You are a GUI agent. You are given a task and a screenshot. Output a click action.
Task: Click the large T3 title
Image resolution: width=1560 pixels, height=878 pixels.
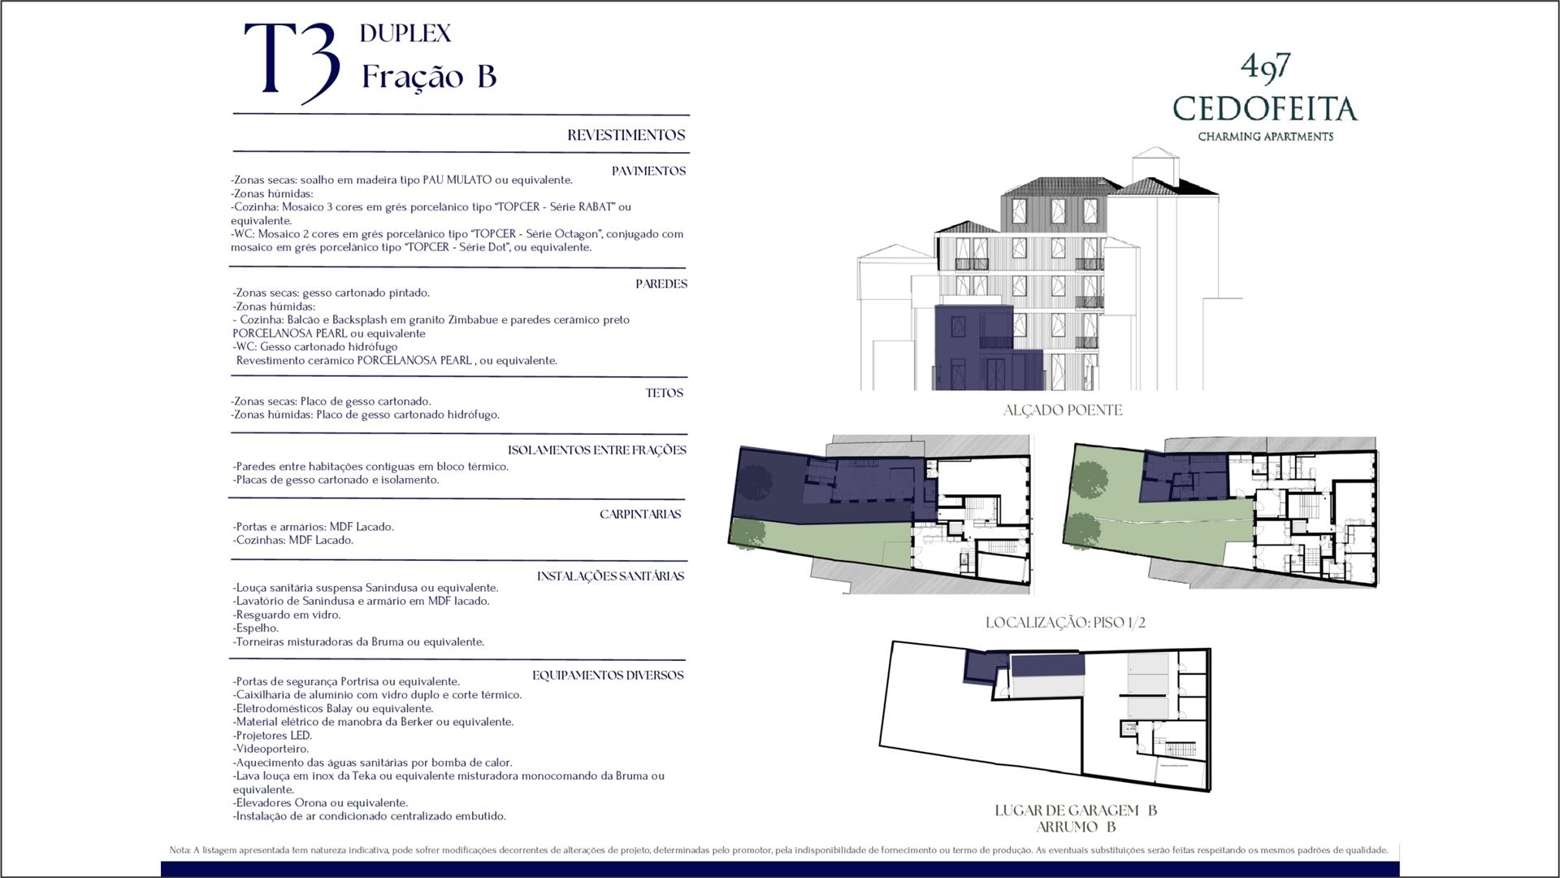tap(292, 63)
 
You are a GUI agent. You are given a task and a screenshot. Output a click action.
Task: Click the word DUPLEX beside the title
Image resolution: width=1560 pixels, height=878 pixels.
tap(405, 33)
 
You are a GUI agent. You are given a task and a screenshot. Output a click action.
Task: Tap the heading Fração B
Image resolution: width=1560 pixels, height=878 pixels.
tap(429, 76)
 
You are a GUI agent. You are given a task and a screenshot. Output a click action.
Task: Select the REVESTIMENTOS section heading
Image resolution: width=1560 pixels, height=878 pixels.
tap(626, 135)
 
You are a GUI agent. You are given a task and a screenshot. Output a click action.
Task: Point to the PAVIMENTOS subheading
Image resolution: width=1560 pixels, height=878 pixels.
tap(648, 171)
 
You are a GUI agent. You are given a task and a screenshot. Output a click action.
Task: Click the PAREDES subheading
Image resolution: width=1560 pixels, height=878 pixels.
tap(661, 284)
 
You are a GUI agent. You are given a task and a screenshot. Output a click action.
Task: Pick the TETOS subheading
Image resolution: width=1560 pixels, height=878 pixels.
tap(664, 393)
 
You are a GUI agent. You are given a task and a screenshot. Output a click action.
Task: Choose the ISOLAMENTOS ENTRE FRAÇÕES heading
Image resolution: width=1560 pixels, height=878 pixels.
tap(597, 450)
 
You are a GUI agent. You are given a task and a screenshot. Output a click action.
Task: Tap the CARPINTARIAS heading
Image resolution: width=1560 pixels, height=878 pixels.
tap(640, 514)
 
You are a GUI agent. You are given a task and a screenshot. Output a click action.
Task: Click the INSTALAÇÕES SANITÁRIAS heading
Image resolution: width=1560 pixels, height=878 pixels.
tap(610, 576)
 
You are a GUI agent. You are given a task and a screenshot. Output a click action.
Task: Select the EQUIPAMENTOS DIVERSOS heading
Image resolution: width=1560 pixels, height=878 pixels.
tap(608, 675)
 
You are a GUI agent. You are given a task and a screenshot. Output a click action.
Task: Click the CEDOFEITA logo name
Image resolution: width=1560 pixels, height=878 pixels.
tap(1265, 109)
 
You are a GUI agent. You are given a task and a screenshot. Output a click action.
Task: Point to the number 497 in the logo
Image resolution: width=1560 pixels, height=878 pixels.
tap(1266, 67)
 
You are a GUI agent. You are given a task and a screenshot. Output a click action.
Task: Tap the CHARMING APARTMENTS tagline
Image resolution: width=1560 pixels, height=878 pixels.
tap(1265, 137)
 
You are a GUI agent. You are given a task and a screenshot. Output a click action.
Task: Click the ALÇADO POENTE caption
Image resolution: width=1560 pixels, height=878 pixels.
tap(1063, 411)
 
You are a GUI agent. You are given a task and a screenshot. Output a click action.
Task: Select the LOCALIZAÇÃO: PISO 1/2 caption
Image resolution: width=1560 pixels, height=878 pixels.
tap(1065, 623)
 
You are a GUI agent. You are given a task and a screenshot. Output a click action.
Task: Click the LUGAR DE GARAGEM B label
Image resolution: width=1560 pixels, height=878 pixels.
tap(1076, 811)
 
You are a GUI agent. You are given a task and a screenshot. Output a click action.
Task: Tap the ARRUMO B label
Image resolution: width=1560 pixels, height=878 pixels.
tap(1076, 827)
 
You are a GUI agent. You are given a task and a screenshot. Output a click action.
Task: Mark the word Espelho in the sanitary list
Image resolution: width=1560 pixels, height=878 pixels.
tap(257, 628)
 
